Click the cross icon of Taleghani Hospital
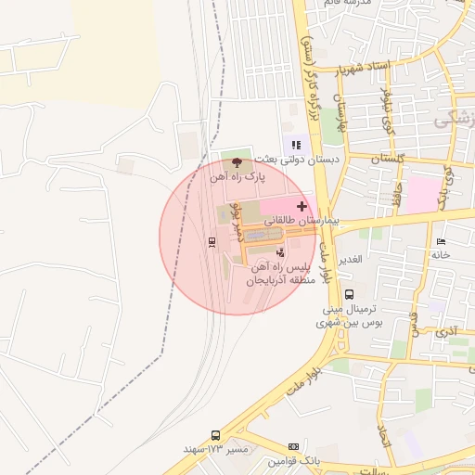pyautogui.click(x=302, y=205)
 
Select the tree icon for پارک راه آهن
pyautogui.click(x=236, y=162)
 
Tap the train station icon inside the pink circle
pyautogui.click(x=212, y=242)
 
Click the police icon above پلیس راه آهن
pyautogui.click(x=280, y=251)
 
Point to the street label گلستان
pyautogui.click(x=389, y=160)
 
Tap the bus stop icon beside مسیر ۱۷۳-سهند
pyautogui.click(x=216, y=435)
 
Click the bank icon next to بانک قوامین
pyautogui.click(x=294, y=446)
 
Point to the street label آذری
pyautogui.click(x=446, y=330)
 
